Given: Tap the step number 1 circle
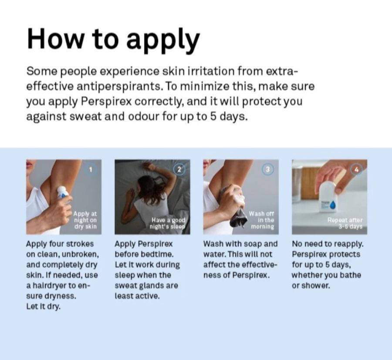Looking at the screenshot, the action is [x=91, y=170].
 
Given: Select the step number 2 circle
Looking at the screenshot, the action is [x=179, y=170].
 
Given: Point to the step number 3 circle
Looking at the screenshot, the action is [x=268, y=170].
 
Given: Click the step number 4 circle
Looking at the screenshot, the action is [x=356, y=170].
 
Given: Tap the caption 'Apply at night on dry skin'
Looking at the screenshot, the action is [x=85, y=220].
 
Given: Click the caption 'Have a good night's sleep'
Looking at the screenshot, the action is [x=168, y=223].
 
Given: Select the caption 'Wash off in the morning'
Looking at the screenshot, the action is [x=263, y=220].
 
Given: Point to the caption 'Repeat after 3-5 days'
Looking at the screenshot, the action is [x=345, y=223].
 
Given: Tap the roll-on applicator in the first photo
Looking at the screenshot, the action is [x=62, y=193].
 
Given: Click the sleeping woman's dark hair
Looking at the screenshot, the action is [x=146, y=187].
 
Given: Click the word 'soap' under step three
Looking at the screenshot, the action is [x=249, y=244].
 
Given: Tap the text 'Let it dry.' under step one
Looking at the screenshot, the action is [x=44, y=306].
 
